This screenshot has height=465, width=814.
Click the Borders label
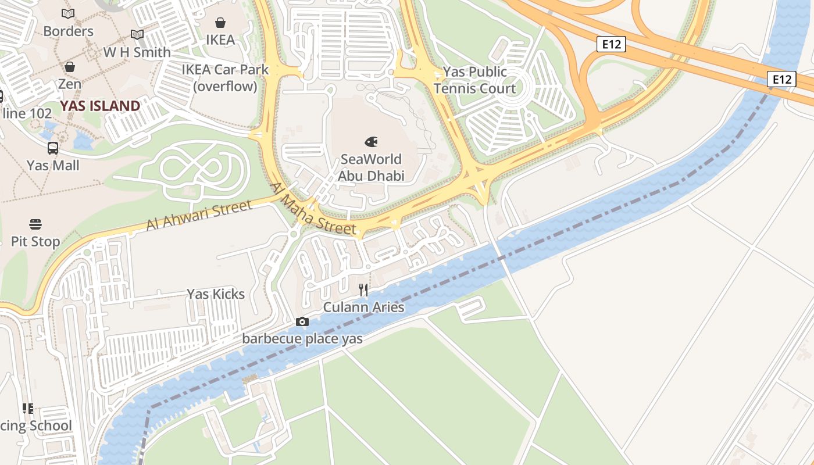[68, 31]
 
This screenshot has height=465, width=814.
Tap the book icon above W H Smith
[137, 35]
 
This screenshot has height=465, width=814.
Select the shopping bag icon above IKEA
[220, 23]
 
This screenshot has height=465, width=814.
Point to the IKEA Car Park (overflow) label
[226, 78]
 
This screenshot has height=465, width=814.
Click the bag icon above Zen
[70, 67]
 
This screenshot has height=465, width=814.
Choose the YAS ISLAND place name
[101, 106]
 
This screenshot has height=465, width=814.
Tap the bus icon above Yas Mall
[53, 148]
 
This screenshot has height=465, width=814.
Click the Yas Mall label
[53, 166]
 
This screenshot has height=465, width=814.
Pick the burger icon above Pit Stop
[35, 224]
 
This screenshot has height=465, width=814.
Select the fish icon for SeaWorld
[371, 141]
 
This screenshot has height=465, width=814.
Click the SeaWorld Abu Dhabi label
[371, 167]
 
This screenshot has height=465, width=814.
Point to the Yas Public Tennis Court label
[475, 80]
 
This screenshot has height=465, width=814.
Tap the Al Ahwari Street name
[199, 214]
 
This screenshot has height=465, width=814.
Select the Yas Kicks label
[216, 294]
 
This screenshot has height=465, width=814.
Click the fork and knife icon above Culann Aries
[363, 289]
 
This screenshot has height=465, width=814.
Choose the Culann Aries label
[363, 307]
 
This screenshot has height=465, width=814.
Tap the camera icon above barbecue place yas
[302, 321]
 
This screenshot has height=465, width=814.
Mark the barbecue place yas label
[302, 339]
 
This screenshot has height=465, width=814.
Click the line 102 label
[27, 113]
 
